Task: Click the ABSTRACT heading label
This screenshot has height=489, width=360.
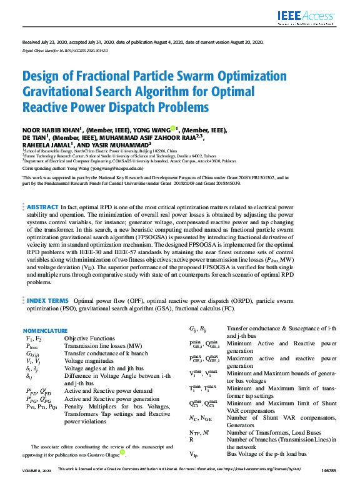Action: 42,206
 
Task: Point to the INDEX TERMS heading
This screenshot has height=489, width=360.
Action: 47,300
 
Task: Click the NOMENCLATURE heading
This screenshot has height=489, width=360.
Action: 45,330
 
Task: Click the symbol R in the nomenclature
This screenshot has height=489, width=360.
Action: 191,439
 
